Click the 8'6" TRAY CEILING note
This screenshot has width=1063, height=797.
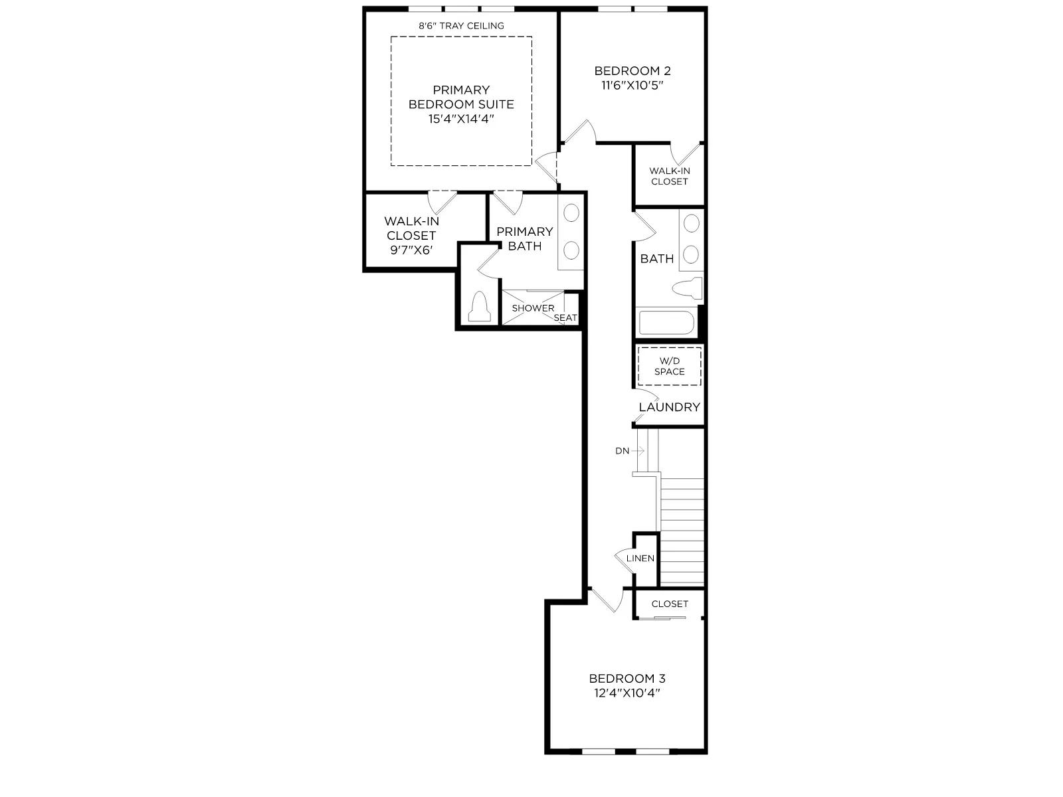pos(461,26)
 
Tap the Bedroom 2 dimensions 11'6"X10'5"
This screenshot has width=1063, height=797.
pos(632,86)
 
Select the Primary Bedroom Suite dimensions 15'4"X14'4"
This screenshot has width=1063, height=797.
pos(461,119)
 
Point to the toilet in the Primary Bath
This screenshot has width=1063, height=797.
pos(479,306)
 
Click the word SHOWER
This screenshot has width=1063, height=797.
pos(533,308)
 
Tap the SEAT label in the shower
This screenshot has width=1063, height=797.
pos(565,318)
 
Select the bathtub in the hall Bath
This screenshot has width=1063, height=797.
pos(667,323)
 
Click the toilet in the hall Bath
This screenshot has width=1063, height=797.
pos(688,288)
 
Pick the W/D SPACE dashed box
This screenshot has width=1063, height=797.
pos(669,367)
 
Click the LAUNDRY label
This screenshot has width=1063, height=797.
pos(669,407)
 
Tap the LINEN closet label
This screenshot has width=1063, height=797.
pos(640,559)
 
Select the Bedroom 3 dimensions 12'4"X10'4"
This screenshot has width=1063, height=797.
pos(627,693)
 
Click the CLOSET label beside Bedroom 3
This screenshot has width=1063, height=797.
pos(670,604)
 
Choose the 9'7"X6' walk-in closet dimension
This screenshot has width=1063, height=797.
pos(411,250)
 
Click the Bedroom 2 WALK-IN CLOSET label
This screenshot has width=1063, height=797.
pos(669,176)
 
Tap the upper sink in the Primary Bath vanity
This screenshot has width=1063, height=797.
pos(571,213)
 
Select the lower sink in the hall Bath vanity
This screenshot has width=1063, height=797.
pos(691,254)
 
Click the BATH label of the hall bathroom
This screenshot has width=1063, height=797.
pos(656,259)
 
